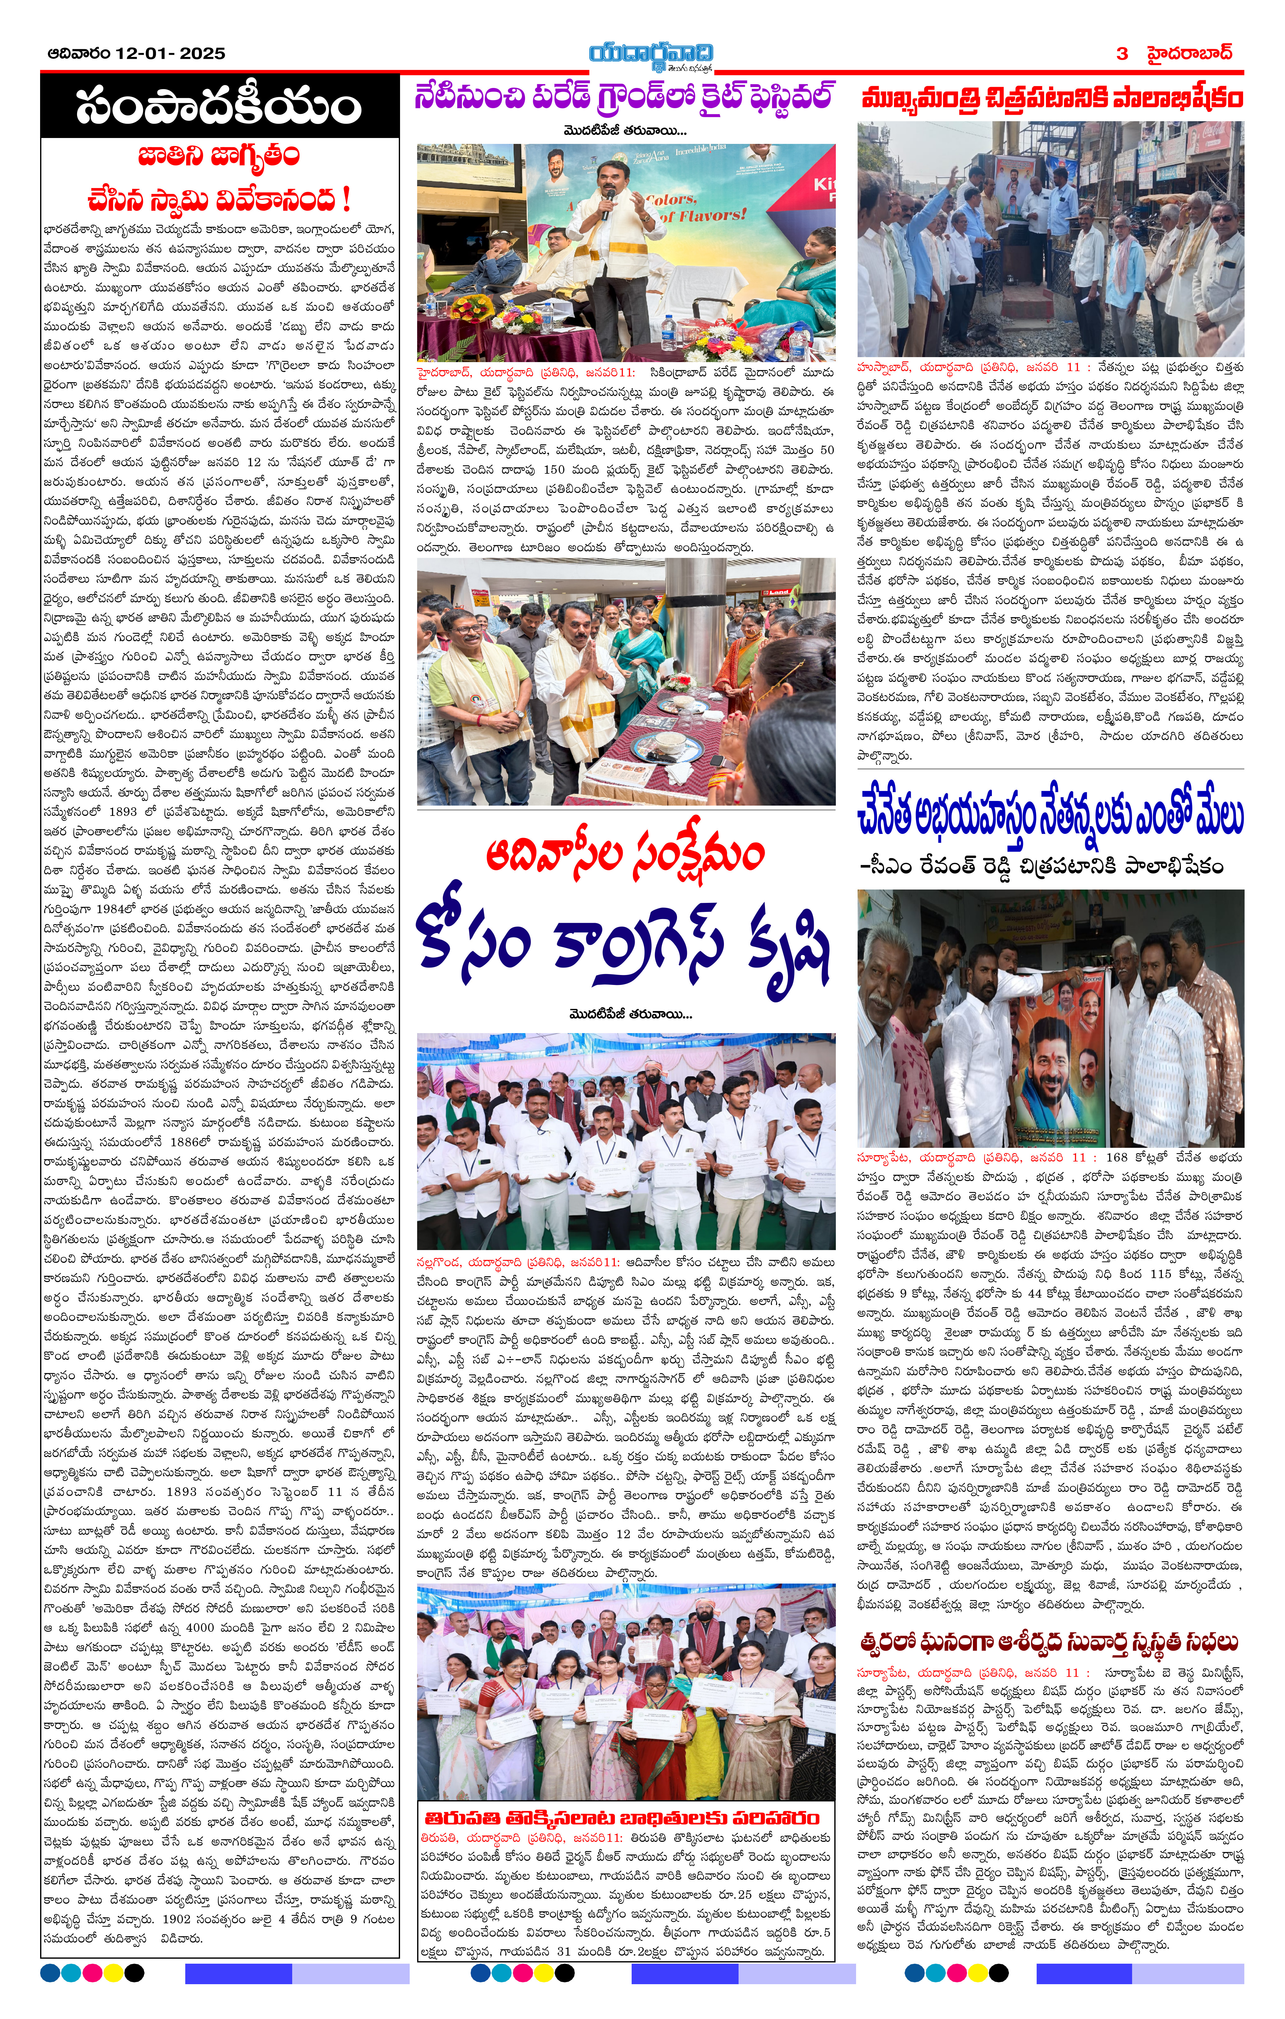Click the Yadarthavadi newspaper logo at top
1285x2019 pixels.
(x=650, y=55)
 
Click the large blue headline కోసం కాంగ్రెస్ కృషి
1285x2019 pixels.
(x=625, y=947)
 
